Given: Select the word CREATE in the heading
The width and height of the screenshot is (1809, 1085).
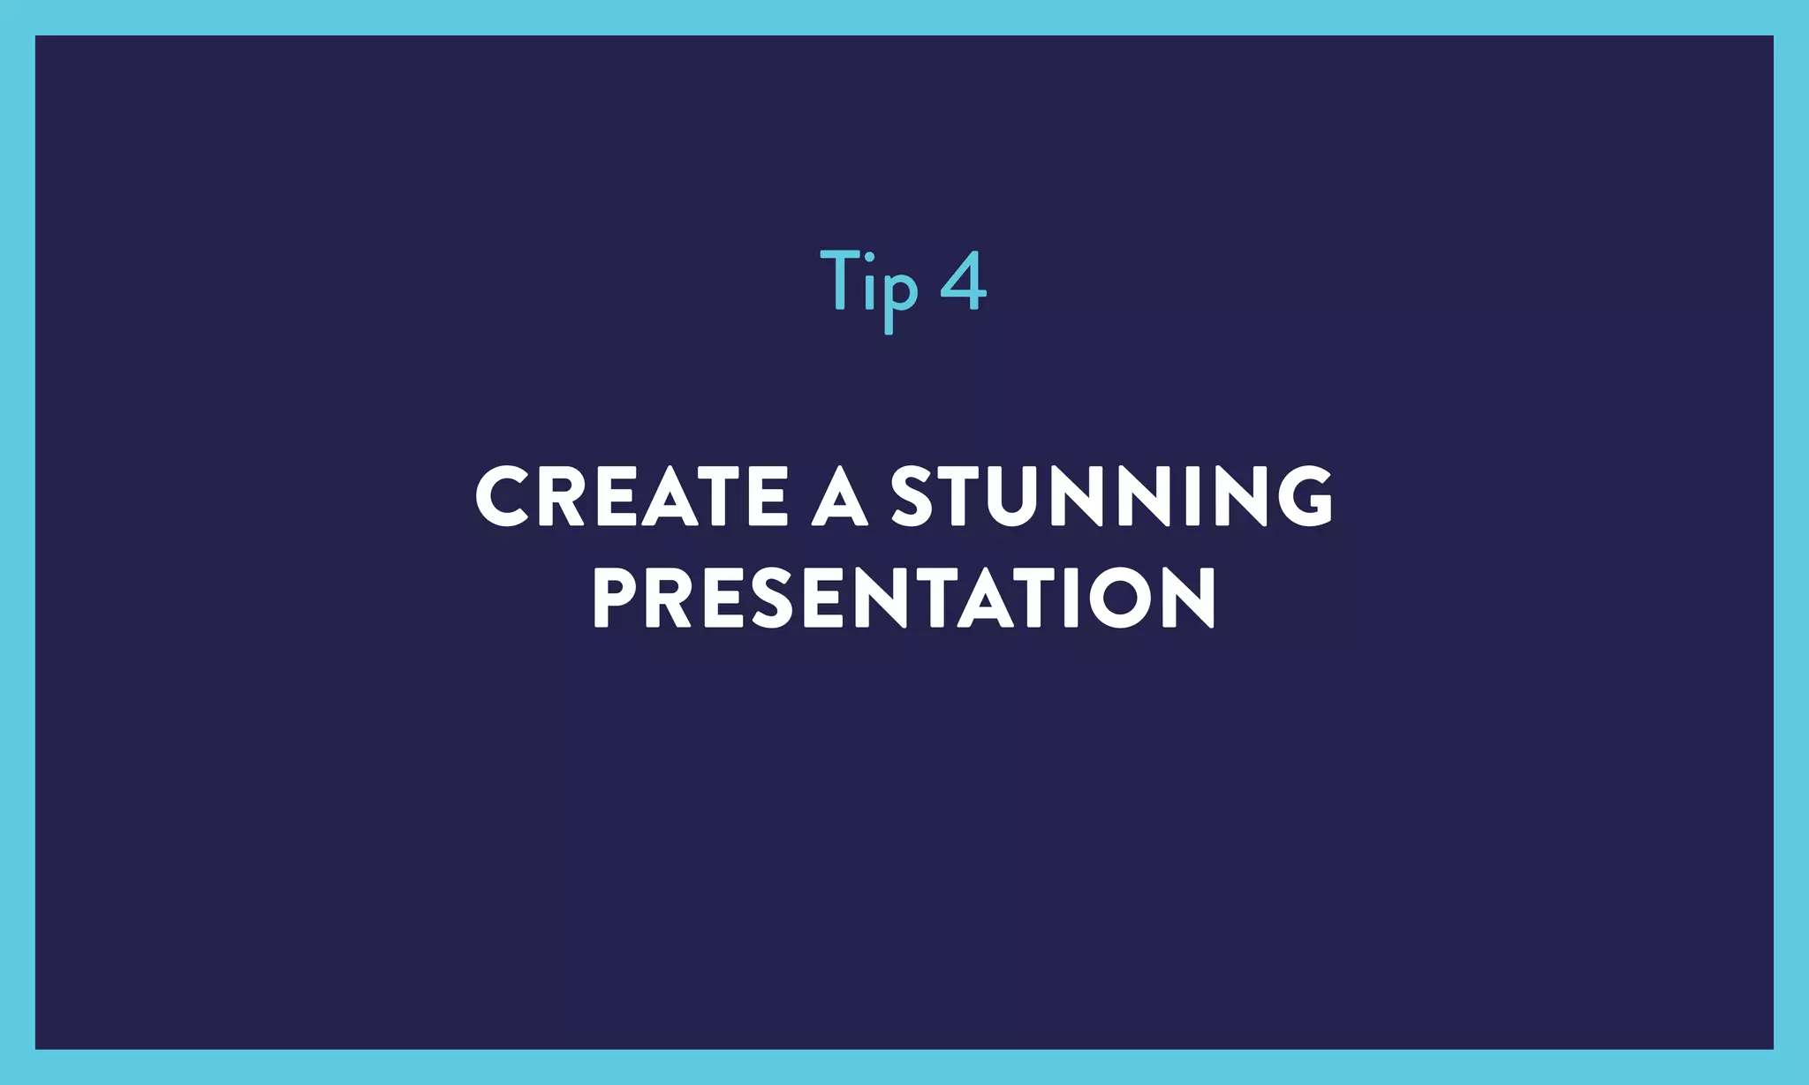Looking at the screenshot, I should point(631,496).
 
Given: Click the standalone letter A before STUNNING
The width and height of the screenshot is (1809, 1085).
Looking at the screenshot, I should point(839,496).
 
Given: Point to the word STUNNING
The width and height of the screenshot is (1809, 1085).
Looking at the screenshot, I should point(1111,496).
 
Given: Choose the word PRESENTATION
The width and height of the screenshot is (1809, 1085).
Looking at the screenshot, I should point(904,598).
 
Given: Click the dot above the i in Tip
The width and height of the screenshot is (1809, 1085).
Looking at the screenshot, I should point(869,257).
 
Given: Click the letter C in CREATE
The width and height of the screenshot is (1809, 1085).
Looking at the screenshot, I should point(504,496).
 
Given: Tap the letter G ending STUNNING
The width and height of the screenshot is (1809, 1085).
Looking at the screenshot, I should point(1302,496).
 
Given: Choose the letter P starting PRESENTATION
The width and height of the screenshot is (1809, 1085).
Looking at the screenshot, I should point(615,598).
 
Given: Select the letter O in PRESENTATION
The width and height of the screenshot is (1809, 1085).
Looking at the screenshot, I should point(1118,598).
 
